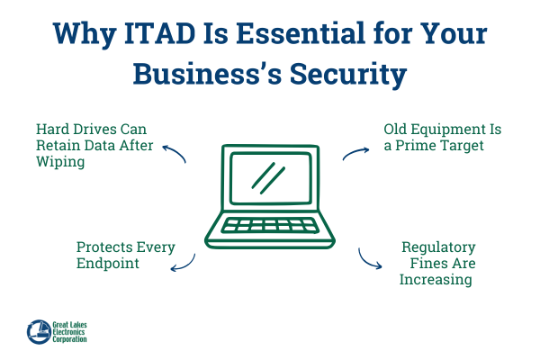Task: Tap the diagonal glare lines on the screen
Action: tap(267, 175)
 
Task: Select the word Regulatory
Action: tap(438, 247)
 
